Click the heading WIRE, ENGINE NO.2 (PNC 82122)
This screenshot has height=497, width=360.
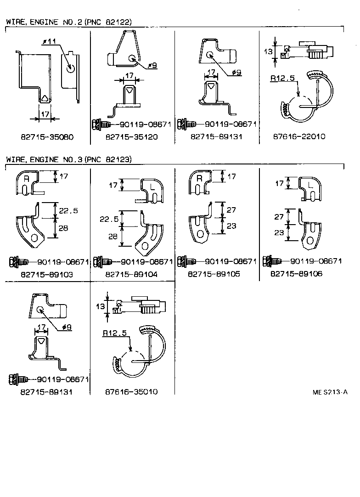[69, 22]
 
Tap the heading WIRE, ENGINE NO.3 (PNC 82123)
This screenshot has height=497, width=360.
[69, 159]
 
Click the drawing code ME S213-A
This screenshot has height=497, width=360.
[330, 392]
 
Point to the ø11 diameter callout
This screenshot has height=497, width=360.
[49, 42]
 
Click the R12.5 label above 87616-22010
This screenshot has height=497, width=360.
[281, 79]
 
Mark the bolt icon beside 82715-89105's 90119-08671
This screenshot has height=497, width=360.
[186, 261]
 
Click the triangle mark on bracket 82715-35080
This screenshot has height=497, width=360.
[44, 98]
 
